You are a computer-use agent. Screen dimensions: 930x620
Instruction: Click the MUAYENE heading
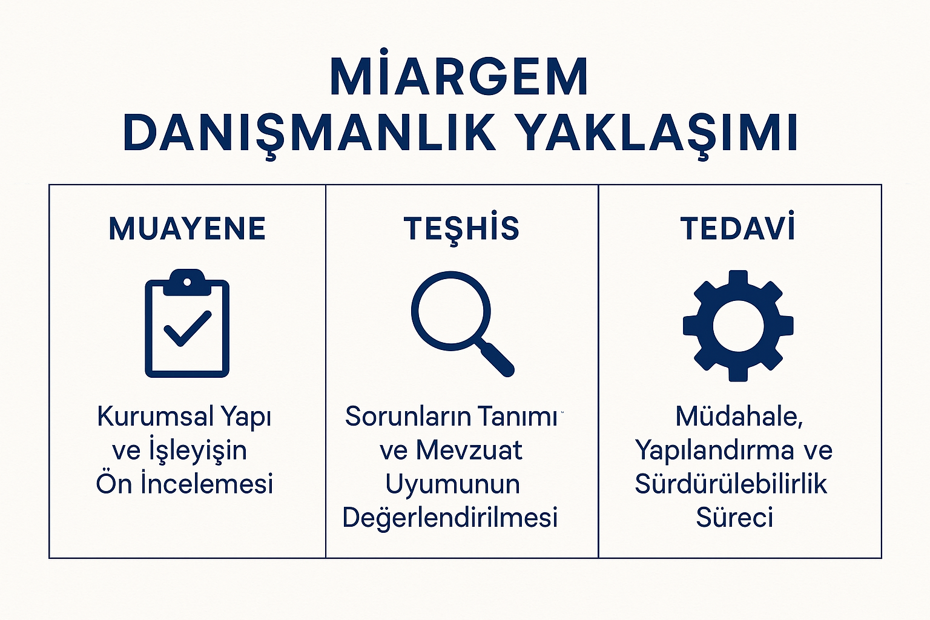pos(187,228)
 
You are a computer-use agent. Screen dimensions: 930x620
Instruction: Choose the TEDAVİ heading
pos(738,226)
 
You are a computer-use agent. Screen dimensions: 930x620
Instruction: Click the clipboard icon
pos(187,323)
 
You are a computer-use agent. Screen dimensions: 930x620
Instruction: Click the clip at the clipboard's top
pos(187,282)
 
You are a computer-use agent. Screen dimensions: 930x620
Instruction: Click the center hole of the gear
pos(738,326)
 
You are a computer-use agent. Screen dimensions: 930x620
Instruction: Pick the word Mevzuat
pos(469,450)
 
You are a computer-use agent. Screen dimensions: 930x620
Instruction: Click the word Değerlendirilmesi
pos(450,518)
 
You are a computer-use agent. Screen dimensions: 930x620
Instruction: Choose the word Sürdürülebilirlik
pos(731,483)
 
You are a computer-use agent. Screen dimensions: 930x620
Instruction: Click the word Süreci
pos(734,517)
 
